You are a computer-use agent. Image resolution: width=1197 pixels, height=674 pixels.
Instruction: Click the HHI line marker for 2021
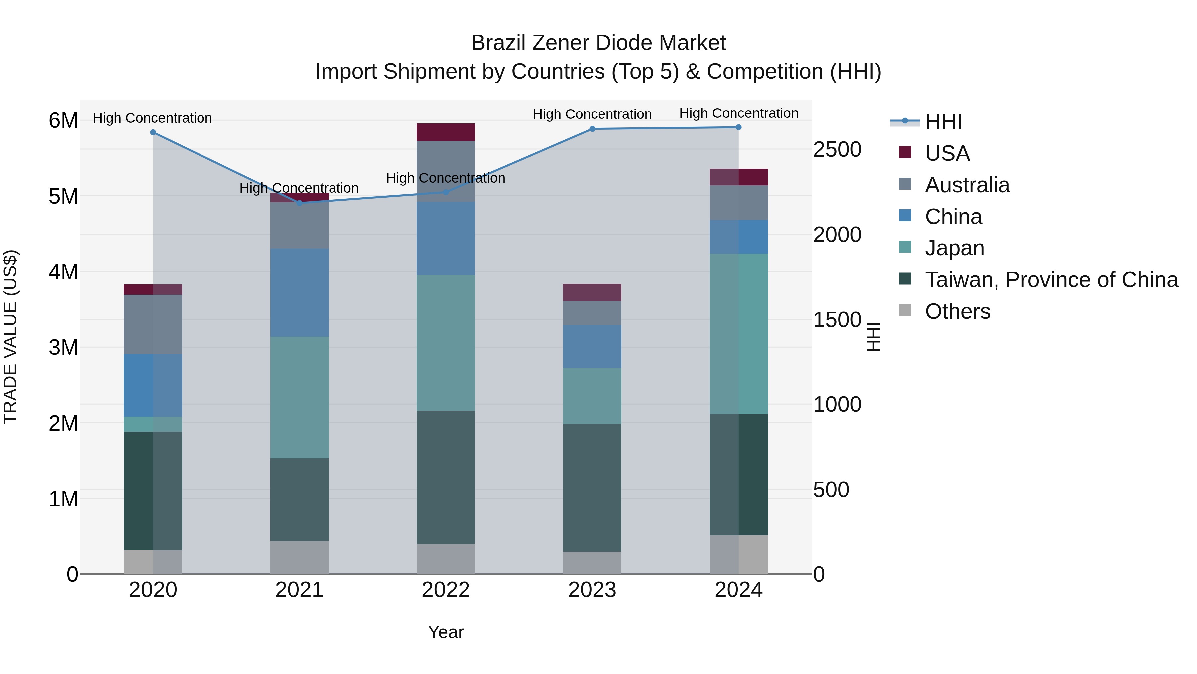point(299,203)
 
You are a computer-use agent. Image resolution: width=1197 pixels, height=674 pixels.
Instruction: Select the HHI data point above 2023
point(592,129)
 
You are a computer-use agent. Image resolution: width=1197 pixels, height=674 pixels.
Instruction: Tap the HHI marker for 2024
point(738,127)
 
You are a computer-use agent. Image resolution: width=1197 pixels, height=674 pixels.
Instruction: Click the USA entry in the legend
point(947,153)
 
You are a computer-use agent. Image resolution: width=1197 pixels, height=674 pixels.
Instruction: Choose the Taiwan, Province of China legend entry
point(1051,280)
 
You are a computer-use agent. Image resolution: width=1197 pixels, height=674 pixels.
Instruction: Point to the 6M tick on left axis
point(63,120)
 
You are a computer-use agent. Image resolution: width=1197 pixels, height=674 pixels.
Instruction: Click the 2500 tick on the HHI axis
point(837,150)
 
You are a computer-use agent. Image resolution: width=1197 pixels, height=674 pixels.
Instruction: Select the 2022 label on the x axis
point(445,590)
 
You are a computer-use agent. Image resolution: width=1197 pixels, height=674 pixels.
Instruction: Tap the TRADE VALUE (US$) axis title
point(11,337)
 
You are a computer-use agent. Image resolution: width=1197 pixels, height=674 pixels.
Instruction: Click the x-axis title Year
point(445,632)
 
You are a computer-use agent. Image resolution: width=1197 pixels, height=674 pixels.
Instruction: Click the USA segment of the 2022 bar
point(445,132)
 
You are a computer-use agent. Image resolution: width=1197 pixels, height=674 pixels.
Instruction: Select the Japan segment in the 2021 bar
point(299,397)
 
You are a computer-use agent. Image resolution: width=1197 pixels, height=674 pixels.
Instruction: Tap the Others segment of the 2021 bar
point(299,557)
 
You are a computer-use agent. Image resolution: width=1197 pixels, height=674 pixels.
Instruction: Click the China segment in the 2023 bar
point(592,346)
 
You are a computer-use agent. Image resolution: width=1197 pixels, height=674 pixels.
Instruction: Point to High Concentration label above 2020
point(152,118)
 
